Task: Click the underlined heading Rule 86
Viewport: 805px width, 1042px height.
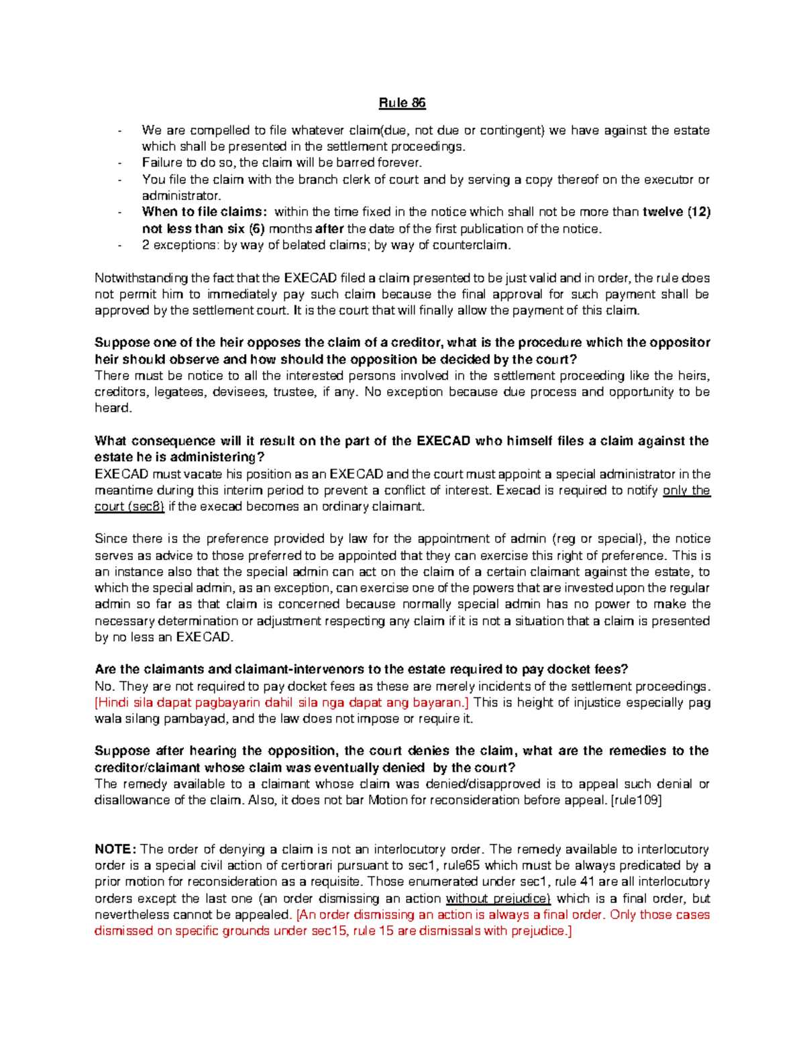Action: click(402, 103)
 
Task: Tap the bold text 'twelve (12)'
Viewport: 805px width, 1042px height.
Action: click(676, 212)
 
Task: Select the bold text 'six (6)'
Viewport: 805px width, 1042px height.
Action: click(246, 229)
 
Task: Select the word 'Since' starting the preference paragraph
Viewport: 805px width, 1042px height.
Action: click(110, 539)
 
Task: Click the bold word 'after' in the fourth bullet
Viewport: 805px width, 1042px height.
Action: click(329, 229)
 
